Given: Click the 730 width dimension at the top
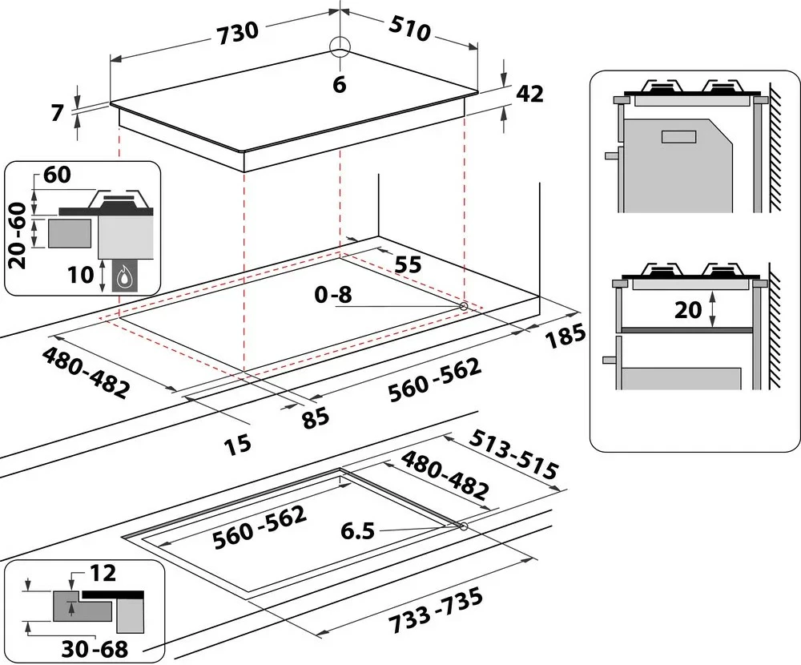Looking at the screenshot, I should click(x=237, y=30).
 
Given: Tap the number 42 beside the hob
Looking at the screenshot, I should click(x=529, y=94).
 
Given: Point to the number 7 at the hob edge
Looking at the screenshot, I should click(x=56, y=113).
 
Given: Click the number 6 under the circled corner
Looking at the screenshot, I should click(x=340, y=84).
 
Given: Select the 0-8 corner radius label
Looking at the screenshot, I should click(x=332, y=294).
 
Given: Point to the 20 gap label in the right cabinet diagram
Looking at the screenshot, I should click(x=688, y=309).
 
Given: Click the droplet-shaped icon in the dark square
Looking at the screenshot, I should click(x=123, y=278).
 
